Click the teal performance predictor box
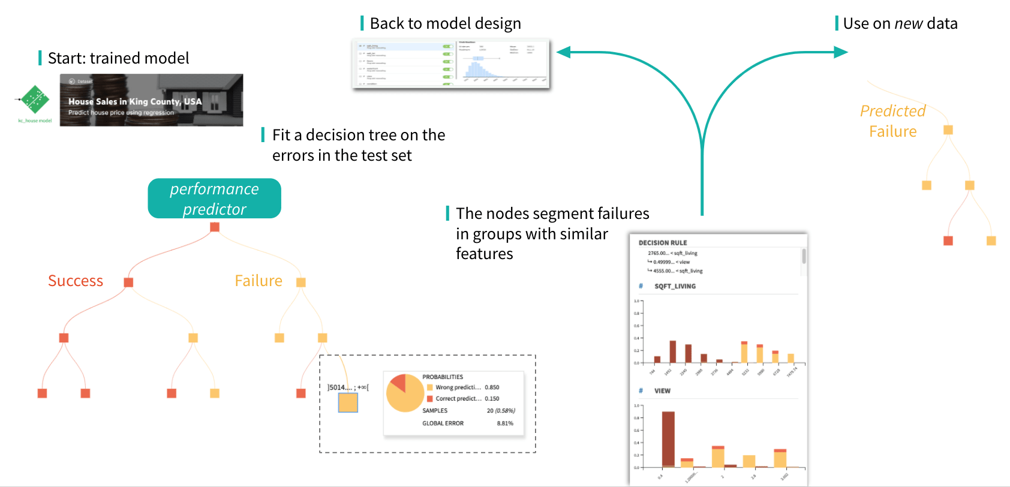click(x=214, y=199)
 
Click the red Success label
click(x=76, y=281)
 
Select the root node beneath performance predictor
click(x=215, y=227)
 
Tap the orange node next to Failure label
click(x=301, y=282)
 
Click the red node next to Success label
click(x=128, y=282)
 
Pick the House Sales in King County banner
click(x=151, y=100)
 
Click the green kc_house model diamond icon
click(x=35, y=100)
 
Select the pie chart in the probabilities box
click(x=405, y=393)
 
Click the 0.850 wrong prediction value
click(x=492, y=387)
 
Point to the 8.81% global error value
click(x=505, y=423)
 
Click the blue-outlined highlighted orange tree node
click(x=348, y=402)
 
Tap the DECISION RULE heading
click(x=663, y=243)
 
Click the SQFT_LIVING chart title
click(x=675, y=286)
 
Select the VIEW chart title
click(x=662, y=390)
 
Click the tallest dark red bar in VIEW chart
click(x=668, y=438)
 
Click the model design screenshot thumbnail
click(x=450, y=64)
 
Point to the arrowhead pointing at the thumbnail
click(x=563, y=52)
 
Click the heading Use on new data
click(x=900, y=23)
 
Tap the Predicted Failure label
click(x=892, y=121)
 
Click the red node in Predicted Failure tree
click(x=948, y=241)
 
